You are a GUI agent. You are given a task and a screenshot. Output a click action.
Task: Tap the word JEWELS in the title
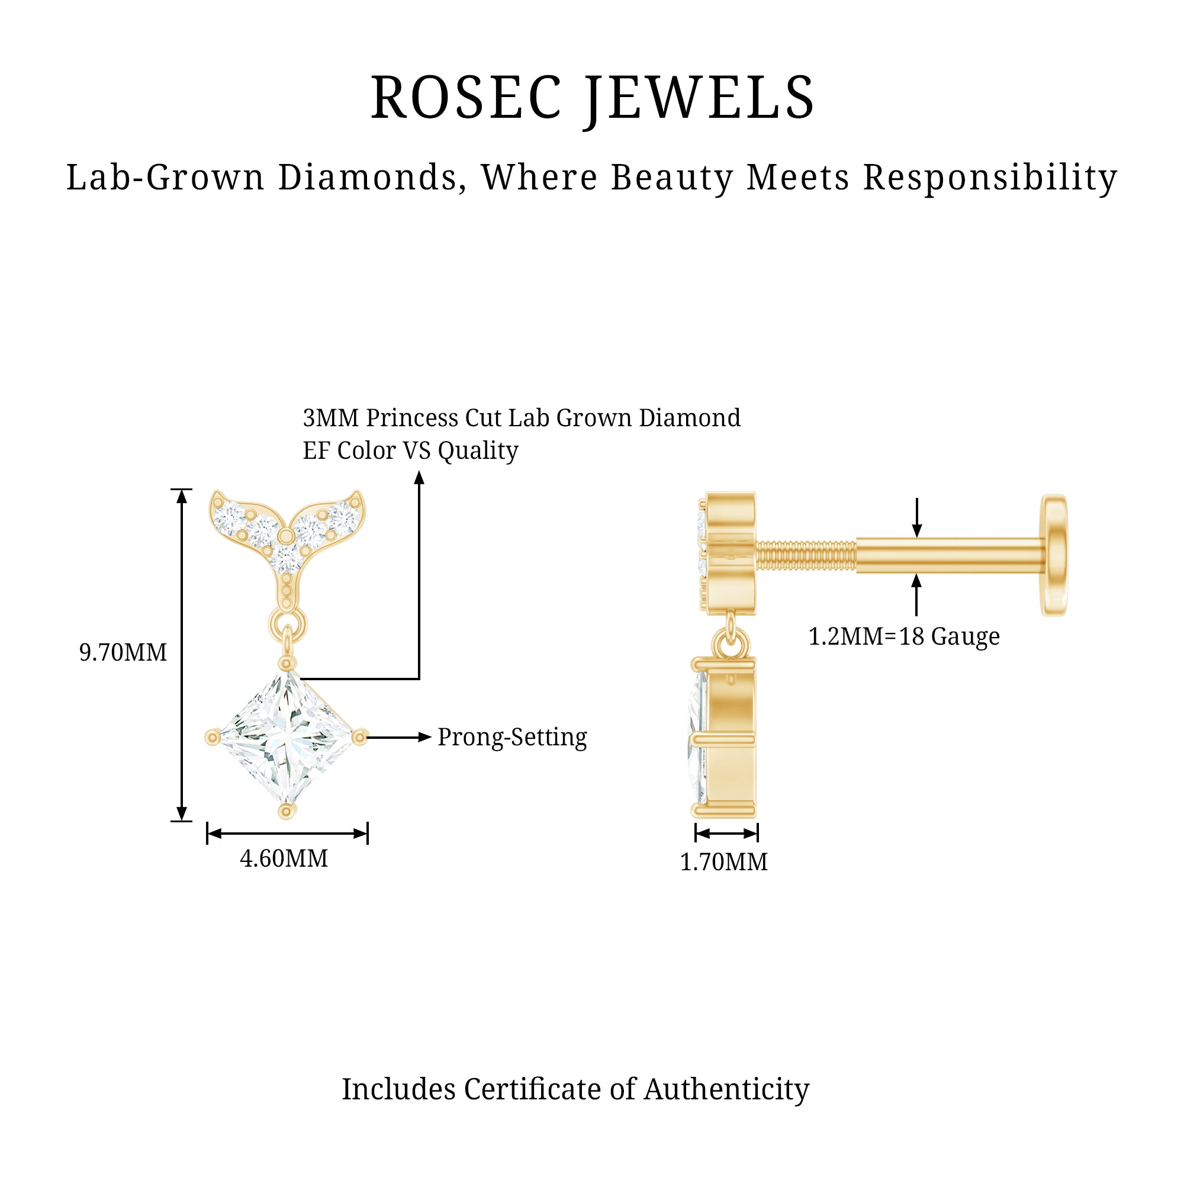(699, 98)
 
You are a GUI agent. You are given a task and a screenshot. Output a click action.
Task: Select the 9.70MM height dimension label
(123, 652)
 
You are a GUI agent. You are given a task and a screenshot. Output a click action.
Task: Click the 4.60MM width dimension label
(284, 858)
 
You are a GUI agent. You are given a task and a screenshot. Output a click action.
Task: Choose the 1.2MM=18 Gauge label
(904, 637)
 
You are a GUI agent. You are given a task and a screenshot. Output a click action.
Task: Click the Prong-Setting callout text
(512, 737)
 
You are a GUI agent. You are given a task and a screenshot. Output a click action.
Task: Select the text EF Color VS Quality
(411, 451)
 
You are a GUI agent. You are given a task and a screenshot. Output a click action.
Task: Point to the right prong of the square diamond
(360, 737)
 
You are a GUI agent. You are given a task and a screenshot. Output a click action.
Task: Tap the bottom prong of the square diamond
(286, 812)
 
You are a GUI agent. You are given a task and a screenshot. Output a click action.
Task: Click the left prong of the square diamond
(213, 737)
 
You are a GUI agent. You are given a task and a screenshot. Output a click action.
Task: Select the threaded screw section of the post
(806, 555)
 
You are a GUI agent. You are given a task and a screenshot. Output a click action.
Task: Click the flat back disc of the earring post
(1054, 555)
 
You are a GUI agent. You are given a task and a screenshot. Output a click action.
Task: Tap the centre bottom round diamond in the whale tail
(286, 558)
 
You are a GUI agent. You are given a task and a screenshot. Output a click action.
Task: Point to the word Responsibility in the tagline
(990, 178)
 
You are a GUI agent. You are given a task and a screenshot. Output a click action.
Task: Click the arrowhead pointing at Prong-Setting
(424, 737)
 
